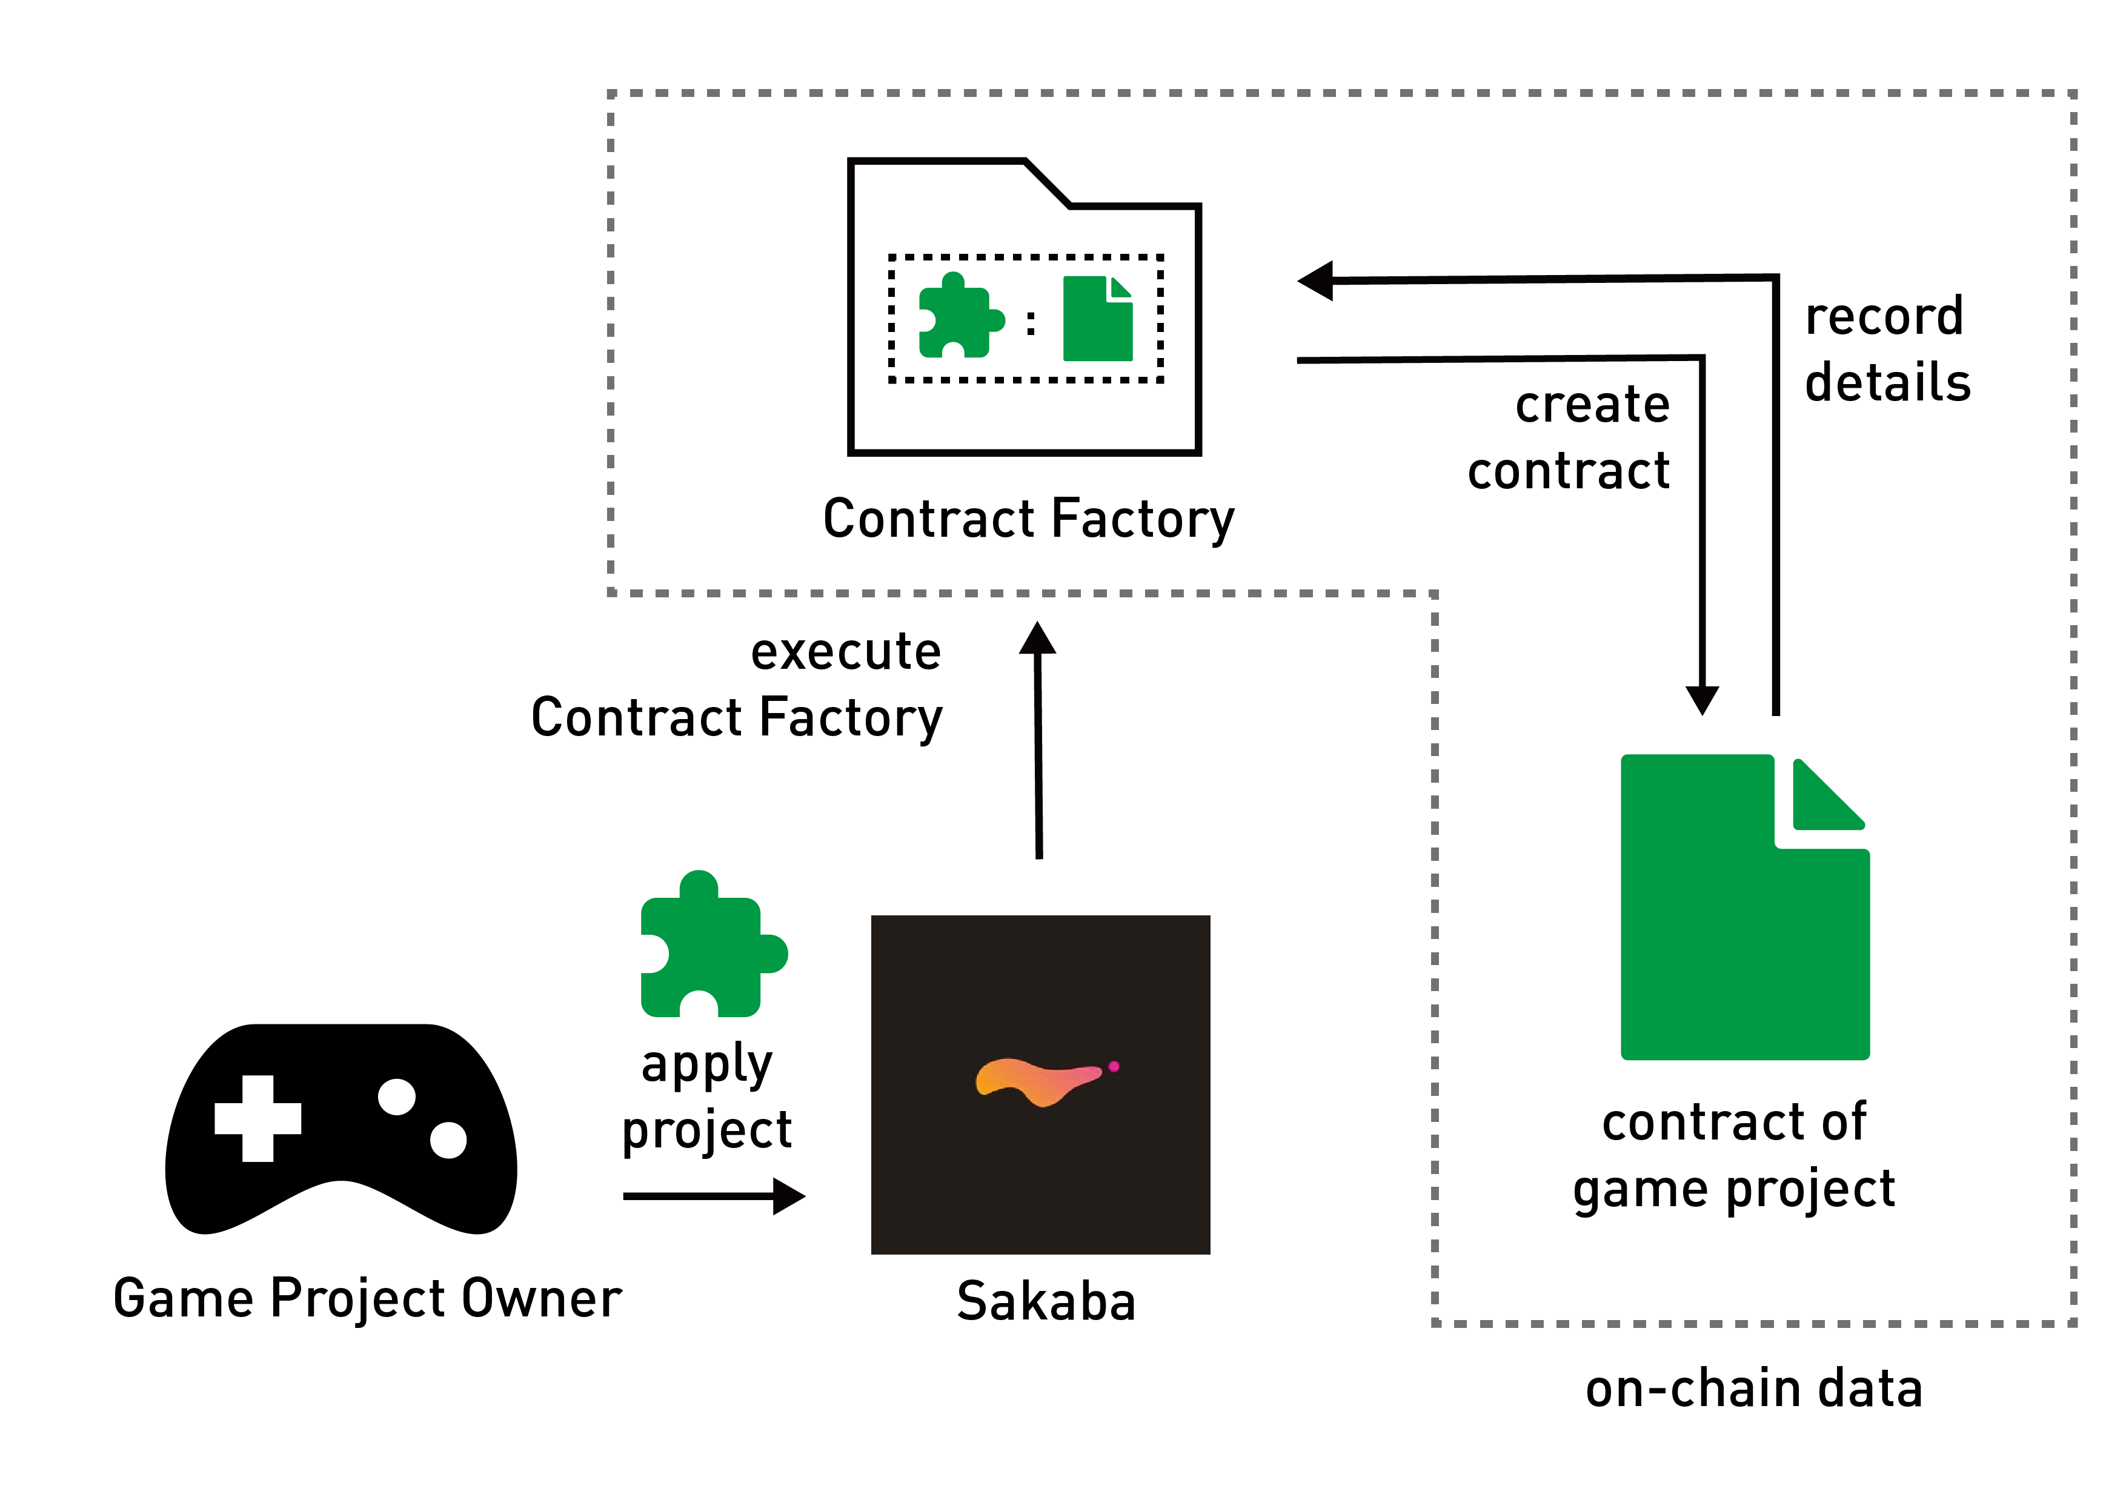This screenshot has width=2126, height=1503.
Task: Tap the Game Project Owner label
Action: [367, 1298]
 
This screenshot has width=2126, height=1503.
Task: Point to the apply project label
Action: [706, 1097]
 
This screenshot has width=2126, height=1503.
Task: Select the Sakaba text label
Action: [1045, 1302]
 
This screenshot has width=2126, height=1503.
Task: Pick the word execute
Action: [845, 651]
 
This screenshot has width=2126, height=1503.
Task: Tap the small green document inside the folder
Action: [1097, 319]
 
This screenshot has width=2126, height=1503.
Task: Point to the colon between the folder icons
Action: [1031, 322]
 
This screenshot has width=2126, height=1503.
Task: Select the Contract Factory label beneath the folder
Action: [1028, 519]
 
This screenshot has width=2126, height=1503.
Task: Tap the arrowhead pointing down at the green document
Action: [1702, 699]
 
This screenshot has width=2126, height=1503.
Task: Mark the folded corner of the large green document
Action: [1824, 798]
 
